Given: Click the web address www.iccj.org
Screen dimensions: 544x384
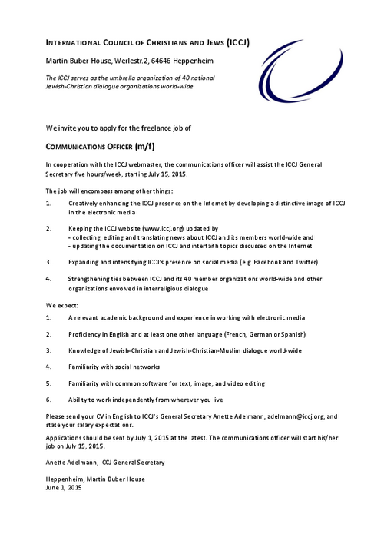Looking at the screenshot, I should point(163,229).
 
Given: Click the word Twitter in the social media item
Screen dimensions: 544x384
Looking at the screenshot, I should point(303,262).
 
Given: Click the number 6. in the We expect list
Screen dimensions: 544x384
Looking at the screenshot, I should point(49,400).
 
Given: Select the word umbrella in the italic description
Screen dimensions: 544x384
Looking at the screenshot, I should point(117,78).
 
